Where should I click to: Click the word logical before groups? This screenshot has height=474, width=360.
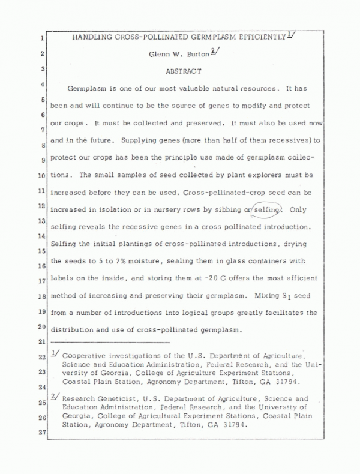[x=187, y=313]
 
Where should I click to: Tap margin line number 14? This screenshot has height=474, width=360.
[x=43, y=236]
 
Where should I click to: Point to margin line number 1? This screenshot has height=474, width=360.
[x=43, y=39]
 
